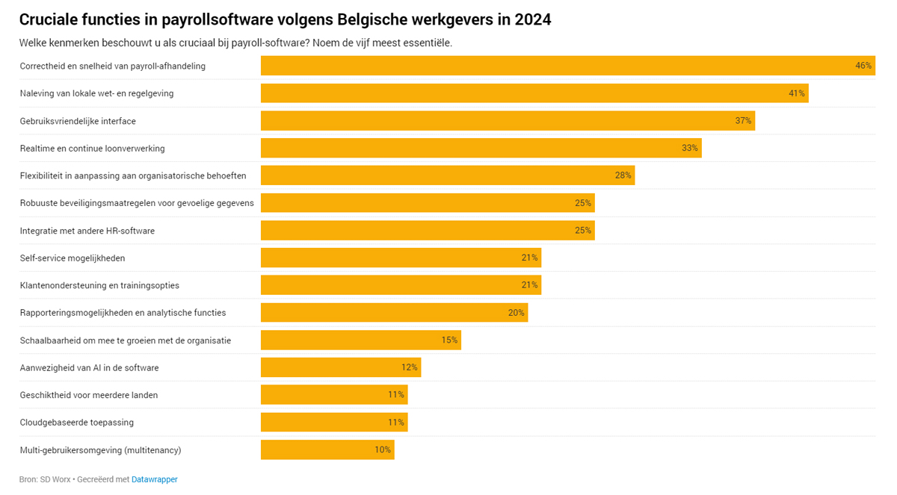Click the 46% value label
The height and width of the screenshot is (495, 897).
pos(863,66)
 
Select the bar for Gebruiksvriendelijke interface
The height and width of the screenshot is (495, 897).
pos(508,121)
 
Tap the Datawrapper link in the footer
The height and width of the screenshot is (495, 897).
pos(155,479)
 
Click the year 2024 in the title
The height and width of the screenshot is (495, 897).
pos(532,20)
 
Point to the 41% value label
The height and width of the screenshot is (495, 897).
pos(796,93)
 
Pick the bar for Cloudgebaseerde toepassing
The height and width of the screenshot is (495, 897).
pos(334,423)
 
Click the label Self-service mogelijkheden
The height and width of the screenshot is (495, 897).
pos(73,258)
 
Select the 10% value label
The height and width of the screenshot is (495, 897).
pos(383,450)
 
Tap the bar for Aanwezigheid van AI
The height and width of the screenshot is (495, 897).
pos(341,367)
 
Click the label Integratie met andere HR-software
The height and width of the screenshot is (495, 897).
pos(87,231)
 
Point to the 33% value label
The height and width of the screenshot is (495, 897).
pos(689,149)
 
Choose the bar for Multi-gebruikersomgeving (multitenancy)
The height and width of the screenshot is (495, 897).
pos(327,450)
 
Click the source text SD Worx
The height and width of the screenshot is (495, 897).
pos(55,479)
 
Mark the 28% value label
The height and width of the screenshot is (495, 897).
pos(623,175)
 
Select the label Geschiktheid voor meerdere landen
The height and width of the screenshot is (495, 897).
pos(89,395)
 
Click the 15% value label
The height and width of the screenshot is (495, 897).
pos(449,340)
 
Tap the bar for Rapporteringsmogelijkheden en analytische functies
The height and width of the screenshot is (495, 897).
pos(394,313)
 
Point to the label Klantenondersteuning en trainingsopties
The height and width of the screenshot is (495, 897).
pos(99,285)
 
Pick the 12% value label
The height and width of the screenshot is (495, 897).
pos(409,367)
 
